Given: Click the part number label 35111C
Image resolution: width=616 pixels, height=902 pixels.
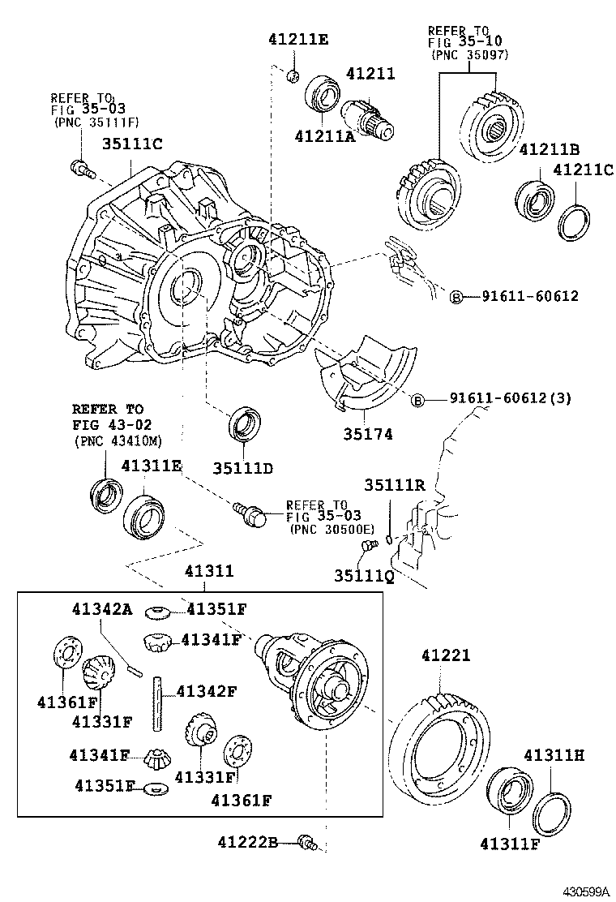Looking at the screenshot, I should pos(132,144).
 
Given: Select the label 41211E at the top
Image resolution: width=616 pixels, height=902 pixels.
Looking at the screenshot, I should pos(298,39).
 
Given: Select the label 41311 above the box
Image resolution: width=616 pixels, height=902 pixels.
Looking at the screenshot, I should pos(209,571).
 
